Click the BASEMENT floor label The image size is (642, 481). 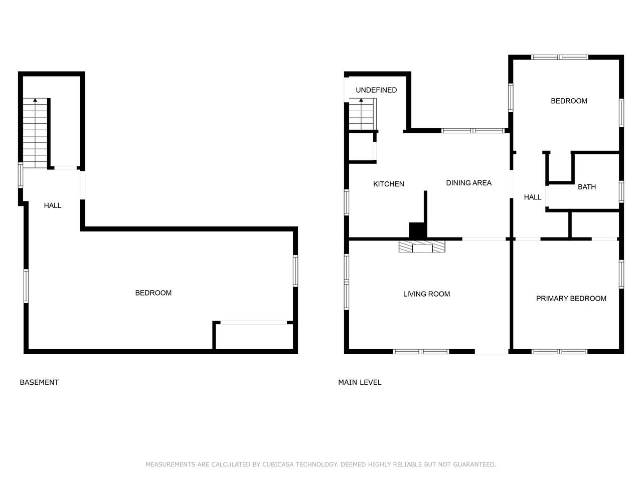pyautogui.click(x=39, y=382)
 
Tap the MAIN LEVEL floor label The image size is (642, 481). pyautogui.click(x=360, y=382)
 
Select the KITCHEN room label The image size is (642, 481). pyautogui.click(x=388, y=184)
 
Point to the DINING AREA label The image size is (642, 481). pyautogui.click(x=468, y=183)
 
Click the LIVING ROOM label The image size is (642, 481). pyautogui.click(x=426, y=294)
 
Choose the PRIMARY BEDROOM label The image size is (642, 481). pyautogui.click(x=571, y=298)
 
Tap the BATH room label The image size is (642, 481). pyautogui.click(x=587, y=186)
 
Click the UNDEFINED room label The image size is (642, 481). pyautogui.click(x=376, y=90)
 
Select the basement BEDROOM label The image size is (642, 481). pyautogui.click(x=153, y=293)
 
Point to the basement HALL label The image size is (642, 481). pyautogui.click(x=53, y=205)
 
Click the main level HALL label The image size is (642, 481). pyautogui.click(x=533, y=197)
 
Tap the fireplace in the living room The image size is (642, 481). pyautogui.click(x=422, y=246)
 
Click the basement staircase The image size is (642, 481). pyautogui.click(x=35, y=133)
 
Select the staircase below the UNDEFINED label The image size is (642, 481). pyautogui.click(x=362, y=114)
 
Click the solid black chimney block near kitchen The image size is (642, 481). pyautogui.click(x=418, y=230)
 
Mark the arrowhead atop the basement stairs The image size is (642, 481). pyautogui.click(x=35, y=100)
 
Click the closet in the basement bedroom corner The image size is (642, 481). pyautogui.click(x=253, y=336)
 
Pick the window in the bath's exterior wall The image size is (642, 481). pyautogui.click(x=621, y=191)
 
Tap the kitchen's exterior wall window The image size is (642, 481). pyautogui.click(x=347, y=202)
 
